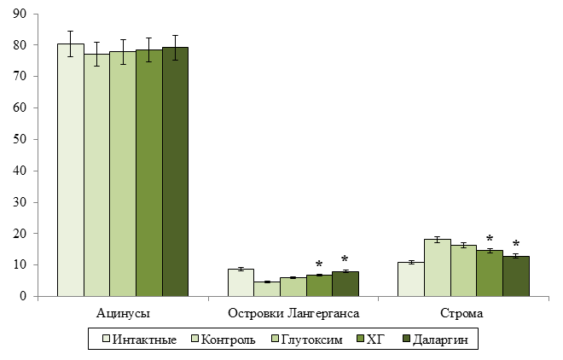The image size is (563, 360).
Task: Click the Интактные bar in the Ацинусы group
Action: pyautogui.click(x=71, y=170)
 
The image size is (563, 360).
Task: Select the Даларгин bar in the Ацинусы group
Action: pyautogui.click(x=175, y=171)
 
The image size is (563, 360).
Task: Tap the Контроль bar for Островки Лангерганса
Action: pyautogui.click(x=267, y=289)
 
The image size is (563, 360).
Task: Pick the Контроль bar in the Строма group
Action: pyautogui.click(x=438, y=268)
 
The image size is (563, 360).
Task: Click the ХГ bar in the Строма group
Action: pyautogui.click(x=490, y=273)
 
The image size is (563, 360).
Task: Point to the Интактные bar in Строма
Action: pyautogui.click(x=411, y=279)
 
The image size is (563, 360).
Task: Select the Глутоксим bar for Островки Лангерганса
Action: pyautogui.click(x=293, y=287)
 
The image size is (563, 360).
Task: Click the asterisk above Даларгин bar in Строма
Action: pyautogui.click(x=516, y=244)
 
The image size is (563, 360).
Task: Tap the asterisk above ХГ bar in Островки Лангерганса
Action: pyautogui.click(x=319, y=264)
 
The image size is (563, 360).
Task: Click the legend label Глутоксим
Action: pyautogui.click(x=311, y=340)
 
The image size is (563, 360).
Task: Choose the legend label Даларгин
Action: pyautogui.click(x=440, y=340)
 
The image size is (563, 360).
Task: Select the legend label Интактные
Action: pyautogui.click(x=144, y=340)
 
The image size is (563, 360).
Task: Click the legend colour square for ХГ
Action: pyautogui.click(x=360, y=339)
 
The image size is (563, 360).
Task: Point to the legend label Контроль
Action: pyautogui.click(x=228, y=340)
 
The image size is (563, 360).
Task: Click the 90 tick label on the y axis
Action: pyautogui.click(x=20, y=14)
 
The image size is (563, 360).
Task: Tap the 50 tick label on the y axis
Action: pyautogui.click(x=20, y=139)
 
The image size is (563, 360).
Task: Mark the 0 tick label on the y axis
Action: pyautogui.click(x=23, y=297)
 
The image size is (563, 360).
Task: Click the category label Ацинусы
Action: pyautogui.click(x=123, y=313)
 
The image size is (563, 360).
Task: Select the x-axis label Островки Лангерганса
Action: pyautogui.click(x=293, y=313)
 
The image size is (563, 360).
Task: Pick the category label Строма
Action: pyautogui.click(x=461, y=313)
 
